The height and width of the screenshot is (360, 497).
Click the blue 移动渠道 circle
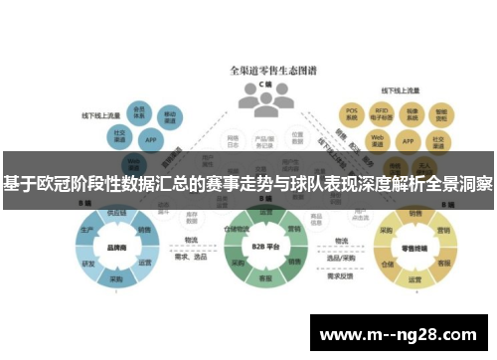point(171,117)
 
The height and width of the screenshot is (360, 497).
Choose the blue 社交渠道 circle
point(119,134)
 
